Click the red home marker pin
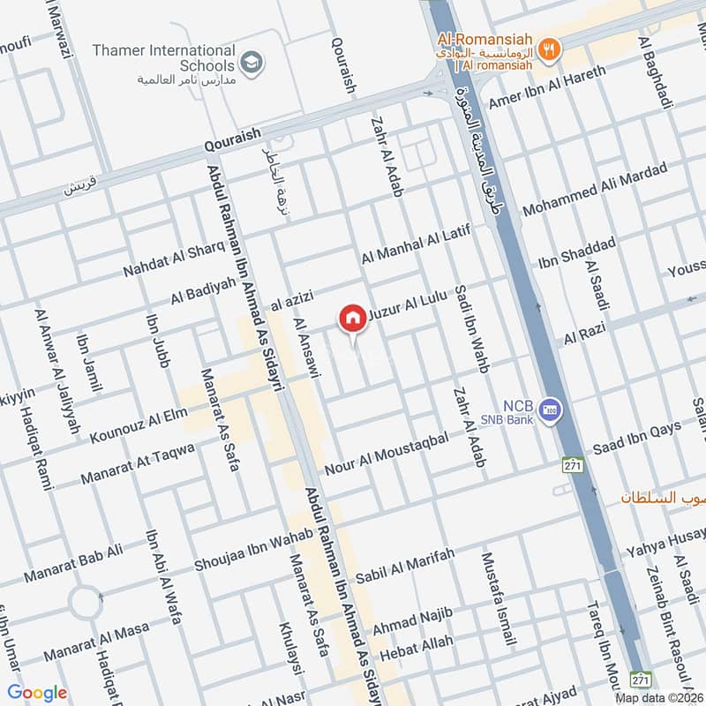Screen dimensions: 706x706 [x=352, y=318]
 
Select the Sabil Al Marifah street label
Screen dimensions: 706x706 [x=404, y=566]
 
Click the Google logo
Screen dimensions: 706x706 [x=37, y=693]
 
